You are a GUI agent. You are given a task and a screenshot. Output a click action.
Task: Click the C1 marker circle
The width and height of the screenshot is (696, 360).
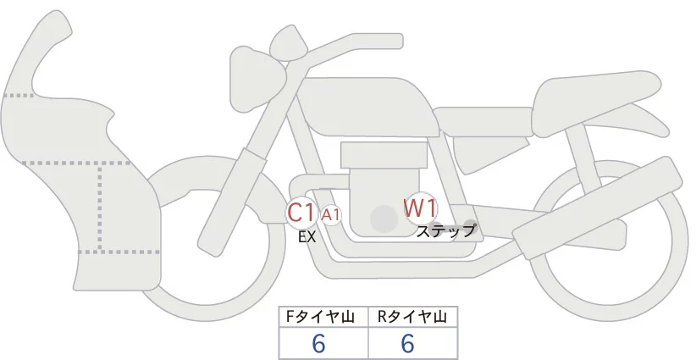[301, 213]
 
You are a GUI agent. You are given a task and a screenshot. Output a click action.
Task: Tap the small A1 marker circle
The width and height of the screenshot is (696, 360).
[331, 215]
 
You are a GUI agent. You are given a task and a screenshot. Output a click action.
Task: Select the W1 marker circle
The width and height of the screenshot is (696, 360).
[420, 207]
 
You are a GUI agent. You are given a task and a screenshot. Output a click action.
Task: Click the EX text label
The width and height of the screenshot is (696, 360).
[307, 237]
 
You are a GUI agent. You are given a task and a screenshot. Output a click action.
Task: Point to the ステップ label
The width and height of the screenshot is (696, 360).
[447, 230]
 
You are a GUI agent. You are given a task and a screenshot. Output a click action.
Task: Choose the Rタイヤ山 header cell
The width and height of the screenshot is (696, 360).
[412, 317]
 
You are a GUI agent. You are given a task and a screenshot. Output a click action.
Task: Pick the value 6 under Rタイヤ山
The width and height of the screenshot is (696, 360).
[407, 344]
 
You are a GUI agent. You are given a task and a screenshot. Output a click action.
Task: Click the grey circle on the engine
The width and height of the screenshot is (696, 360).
[384, 219]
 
